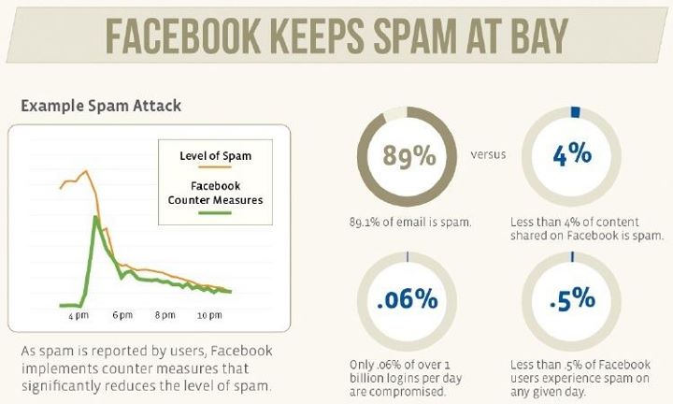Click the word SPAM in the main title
pos(415,36)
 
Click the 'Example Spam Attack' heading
pos(101,106)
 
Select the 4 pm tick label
pos(79,315)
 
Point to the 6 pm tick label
pos(122,315)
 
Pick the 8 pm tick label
pos(165,315)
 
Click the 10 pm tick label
pos(209,315)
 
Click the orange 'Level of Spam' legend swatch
pos(215,166)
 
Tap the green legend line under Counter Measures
pos(215,213)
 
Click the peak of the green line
pos(95,217)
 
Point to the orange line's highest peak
pos(85,171)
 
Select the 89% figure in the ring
pos(409,155)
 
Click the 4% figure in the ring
pos(572,154)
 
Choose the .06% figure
pos(408,299)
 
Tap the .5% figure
pos(573,299)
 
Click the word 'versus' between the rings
pos(488,154)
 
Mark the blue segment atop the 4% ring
pos(575,112)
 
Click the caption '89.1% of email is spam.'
pos(410,223)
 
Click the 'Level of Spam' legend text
pos(216,156)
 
